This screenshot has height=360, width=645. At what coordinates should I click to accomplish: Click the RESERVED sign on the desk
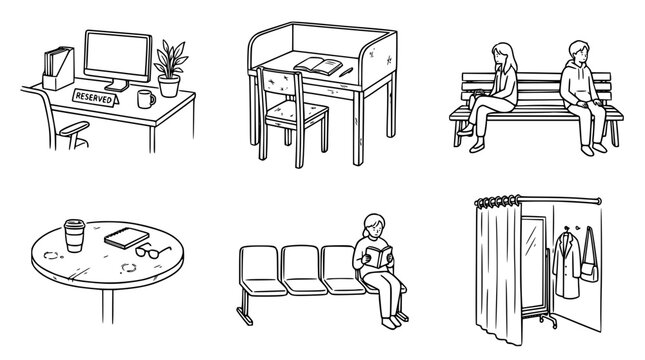pyautogui.click(x=95, y=98)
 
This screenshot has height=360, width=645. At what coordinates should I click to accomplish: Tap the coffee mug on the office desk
pyautogui.click(x=146, y=99)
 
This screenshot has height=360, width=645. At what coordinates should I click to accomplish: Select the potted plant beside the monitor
pyautogui.click(x=170, y=68)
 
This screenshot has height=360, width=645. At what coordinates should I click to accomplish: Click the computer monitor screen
pyautogui.click(x=118, y=56)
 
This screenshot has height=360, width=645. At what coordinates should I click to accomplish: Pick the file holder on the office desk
pyautogui.click(x=58, y=68)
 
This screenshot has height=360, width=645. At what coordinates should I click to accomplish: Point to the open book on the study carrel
pyautogui.click(x=318, y=66)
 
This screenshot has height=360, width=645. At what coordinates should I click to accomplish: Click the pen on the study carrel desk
pyautogui.click(x=346, y=72)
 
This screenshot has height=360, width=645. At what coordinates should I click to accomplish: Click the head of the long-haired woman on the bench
pyautogui.click(x=503, y=56)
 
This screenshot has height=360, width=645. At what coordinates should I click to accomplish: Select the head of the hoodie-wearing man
pyautogui.click(x=579, y=52)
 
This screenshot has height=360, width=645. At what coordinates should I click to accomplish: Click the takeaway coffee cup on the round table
pyautogui.click(x=74, y=235)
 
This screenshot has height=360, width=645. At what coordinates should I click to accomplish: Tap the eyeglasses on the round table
pyautogui.click(x=151, y=251)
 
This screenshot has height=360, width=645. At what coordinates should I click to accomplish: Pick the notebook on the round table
pyautogui.click(x=126, y=238)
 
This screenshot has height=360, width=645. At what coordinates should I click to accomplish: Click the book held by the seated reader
pyautogui.click(x=379, y=256)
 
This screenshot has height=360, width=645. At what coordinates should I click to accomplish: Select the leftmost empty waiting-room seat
pyautogui.click(x=261, y=270)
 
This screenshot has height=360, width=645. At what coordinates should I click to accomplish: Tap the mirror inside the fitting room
pyautogui.click(x=533, y=262)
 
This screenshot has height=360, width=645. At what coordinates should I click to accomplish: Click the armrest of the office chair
pyautogui.click(x=74, y=128)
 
